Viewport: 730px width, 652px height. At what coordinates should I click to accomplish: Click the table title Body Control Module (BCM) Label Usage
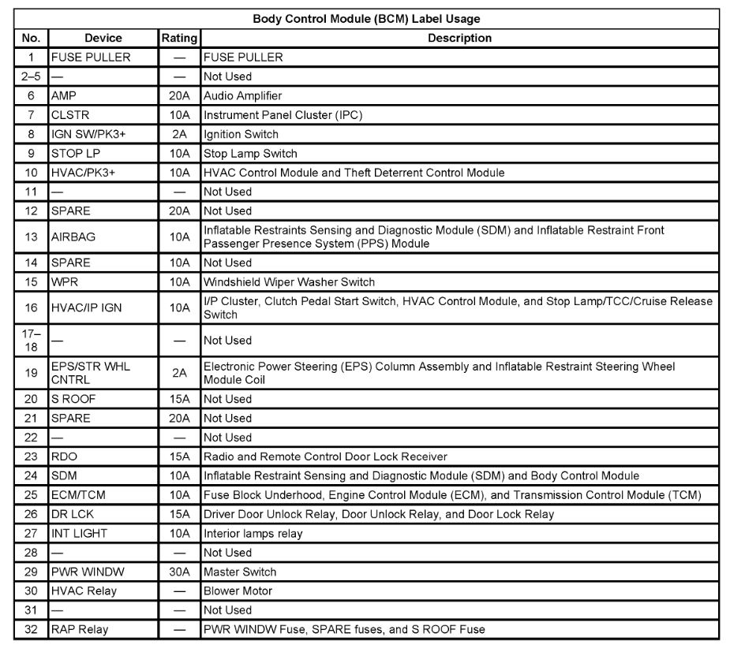pyautogui.click(x=366, y=19)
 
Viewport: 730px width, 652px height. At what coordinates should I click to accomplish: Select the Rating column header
pyautogui.click(x=179, y=38)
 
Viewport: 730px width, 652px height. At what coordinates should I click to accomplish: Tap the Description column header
pyautogui.click(x=459, y=38)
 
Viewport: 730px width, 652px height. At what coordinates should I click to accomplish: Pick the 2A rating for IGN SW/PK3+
pyautogui.click(x=179, y=134)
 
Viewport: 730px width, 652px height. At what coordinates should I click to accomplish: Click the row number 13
pyautogui.click(x=32, y=237)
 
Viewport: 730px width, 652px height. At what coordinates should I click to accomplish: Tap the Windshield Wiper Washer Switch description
pyautogui.click(x=289, y=281)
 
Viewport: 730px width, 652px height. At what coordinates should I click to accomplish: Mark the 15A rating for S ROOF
pyautogui.click(x=179, y=399)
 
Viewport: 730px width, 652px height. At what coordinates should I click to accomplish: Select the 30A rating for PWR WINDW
pyautogui.click(x=179, y=572)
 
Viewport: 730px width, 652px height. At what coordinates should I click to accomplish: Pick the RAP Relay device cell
pyautogui.click(x=80, y=629)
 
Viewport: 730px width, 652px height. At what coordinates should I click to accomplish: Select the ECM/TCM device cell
pyautogui.click(x=79, y=495)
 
